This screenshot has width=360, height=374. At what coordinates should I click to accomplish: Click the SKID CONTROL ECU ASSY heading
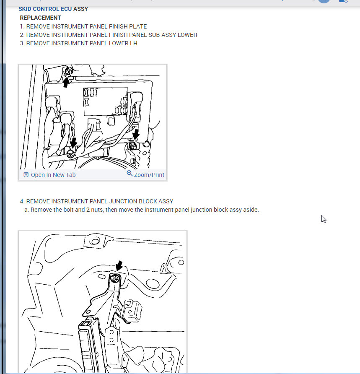coord(53,9)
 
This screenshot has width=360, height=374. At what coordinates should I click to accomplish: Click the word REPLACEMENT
coord(40,18)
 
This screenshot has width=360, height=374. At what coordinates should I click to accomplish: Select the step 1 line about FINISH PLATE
coord(83,26)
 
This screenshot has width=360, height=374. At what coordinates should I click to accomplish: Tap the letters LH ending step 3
coord(134,43)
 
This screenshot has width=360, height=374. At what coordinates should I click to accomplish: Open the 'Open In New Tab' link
coord(53,175)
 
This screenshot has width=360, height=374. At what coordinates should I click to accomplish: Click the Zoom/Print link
coord(149,175)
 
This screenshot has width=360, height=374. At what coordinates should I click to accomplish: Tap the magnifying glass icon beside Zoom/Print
coord(129,174)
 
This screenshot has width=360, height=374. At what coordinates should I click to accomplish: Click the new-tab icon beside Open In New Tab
coord(26,174)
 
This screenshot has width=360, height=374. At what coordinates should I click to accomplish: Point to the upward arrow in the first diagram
coord(66,82)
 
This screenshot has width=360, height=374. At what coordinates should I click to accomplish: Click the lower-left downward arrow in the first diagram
coord(73,143)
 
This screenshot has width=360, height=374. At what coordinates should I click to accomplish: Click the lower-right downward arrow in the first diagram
coord(136,134)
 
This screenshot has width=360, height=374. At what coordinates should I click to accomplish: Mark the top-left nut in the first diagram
coord(68,71)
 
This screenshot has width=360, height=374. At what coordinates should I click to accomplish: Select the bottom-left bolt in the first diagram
coord(70,154)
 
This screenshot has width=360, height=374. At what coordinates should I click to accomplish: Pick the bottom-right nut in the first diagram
coord(133,146)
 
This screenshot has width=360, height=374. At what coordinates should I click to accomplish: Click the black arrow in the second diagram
coord(119,266)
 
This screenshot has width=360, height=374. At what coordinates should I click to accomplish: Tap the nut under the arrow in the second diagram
coord(115,278)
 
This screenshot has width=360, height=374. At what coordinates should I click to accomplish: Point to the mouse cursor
coord(324,219)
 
